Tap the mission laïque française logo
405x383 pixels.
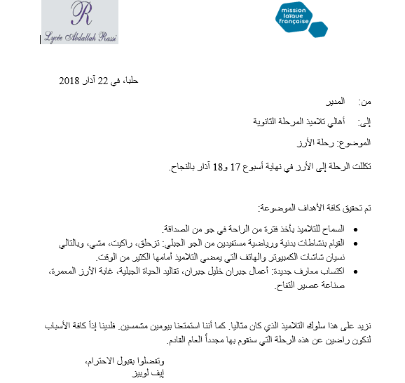point(301,21)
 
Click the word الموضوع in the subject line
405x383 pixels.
point(354,143)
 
